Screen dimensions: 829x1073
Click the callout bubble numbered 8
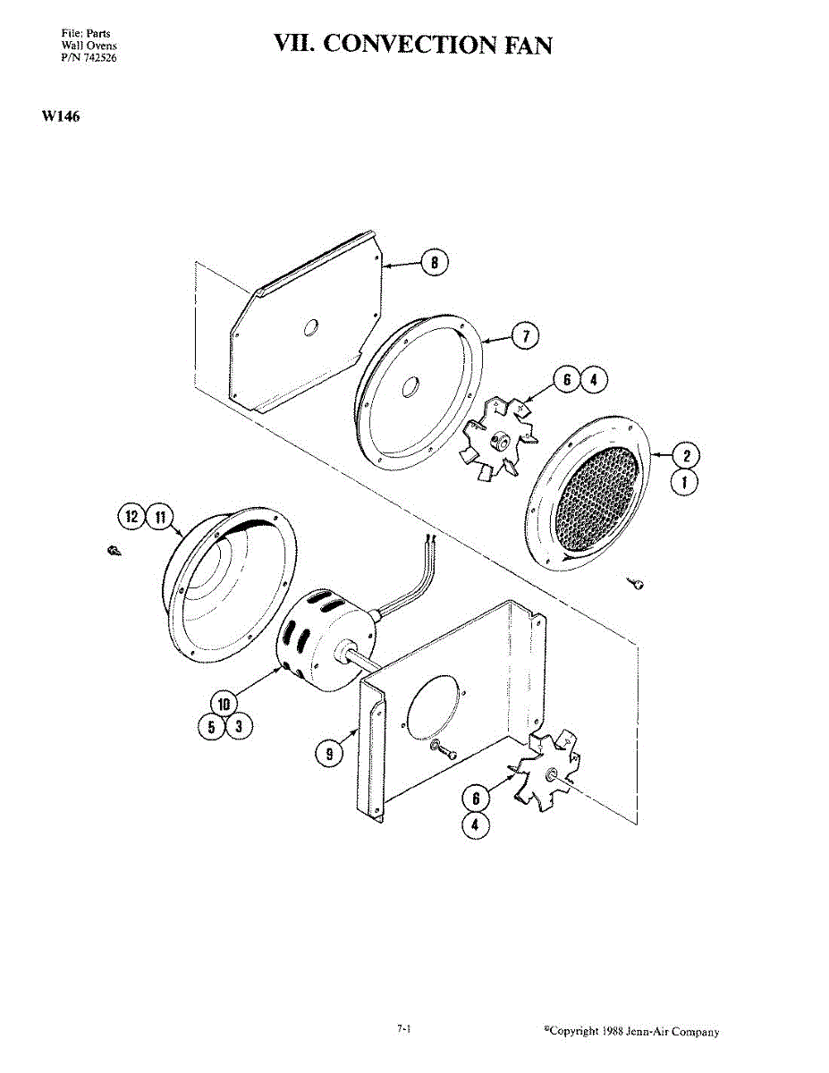[x=435, y=263]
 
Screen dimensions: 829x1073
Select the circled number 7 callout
[x=526, y=336]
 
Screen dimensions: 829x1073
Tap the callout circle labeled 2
[x=686, y=456]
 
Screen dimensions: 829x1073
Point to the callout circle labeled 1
[x=686, y=485]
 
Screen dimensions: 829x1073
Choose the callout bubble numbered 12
[x=133, y=517]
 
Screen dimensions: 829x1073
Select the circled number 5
[x=210, y=726]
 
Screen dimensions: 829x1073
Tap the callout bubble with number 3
[x=238, y=726]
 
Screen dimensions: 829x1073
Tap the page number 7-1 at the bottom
[x=404, y=1030]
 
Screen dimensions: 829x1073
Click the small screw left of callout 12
[x=113, y=552]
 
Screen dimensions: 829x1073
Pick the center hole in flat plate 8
[x=311, y=328]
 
